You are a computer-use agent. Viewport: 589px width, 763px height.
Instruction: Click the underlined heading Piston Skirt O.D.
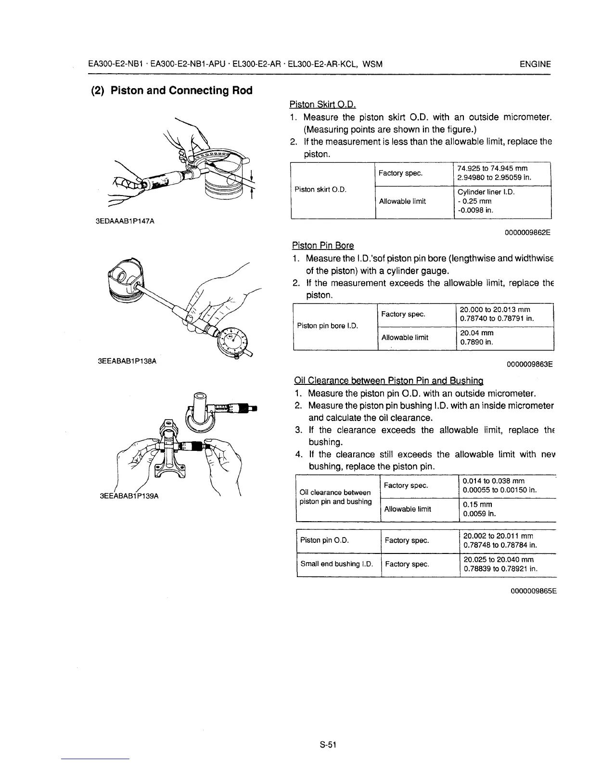(x=322, y=104)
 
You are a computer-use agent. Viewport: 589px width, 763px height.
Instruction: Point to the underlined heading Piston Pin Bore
(x=323, y=246)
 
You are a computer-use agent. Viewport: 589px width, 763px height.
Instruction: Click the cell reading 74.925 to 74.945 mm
(x=493, y=169)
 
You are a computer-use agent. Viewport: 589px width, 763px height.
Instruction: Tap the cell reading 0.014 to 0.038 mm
(x=493, y=481)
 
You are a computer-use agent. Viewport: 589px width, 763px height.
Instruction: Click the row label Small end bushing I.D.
(x=337, y=564)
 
